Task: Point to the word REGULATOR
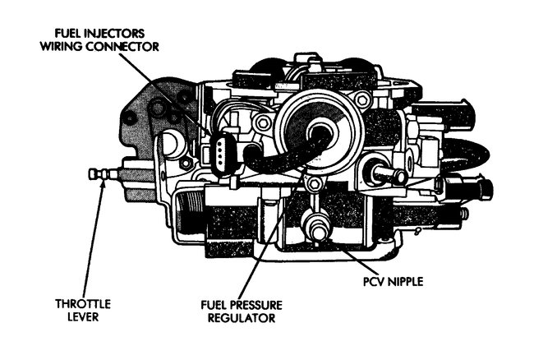(x=241, y=317)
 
